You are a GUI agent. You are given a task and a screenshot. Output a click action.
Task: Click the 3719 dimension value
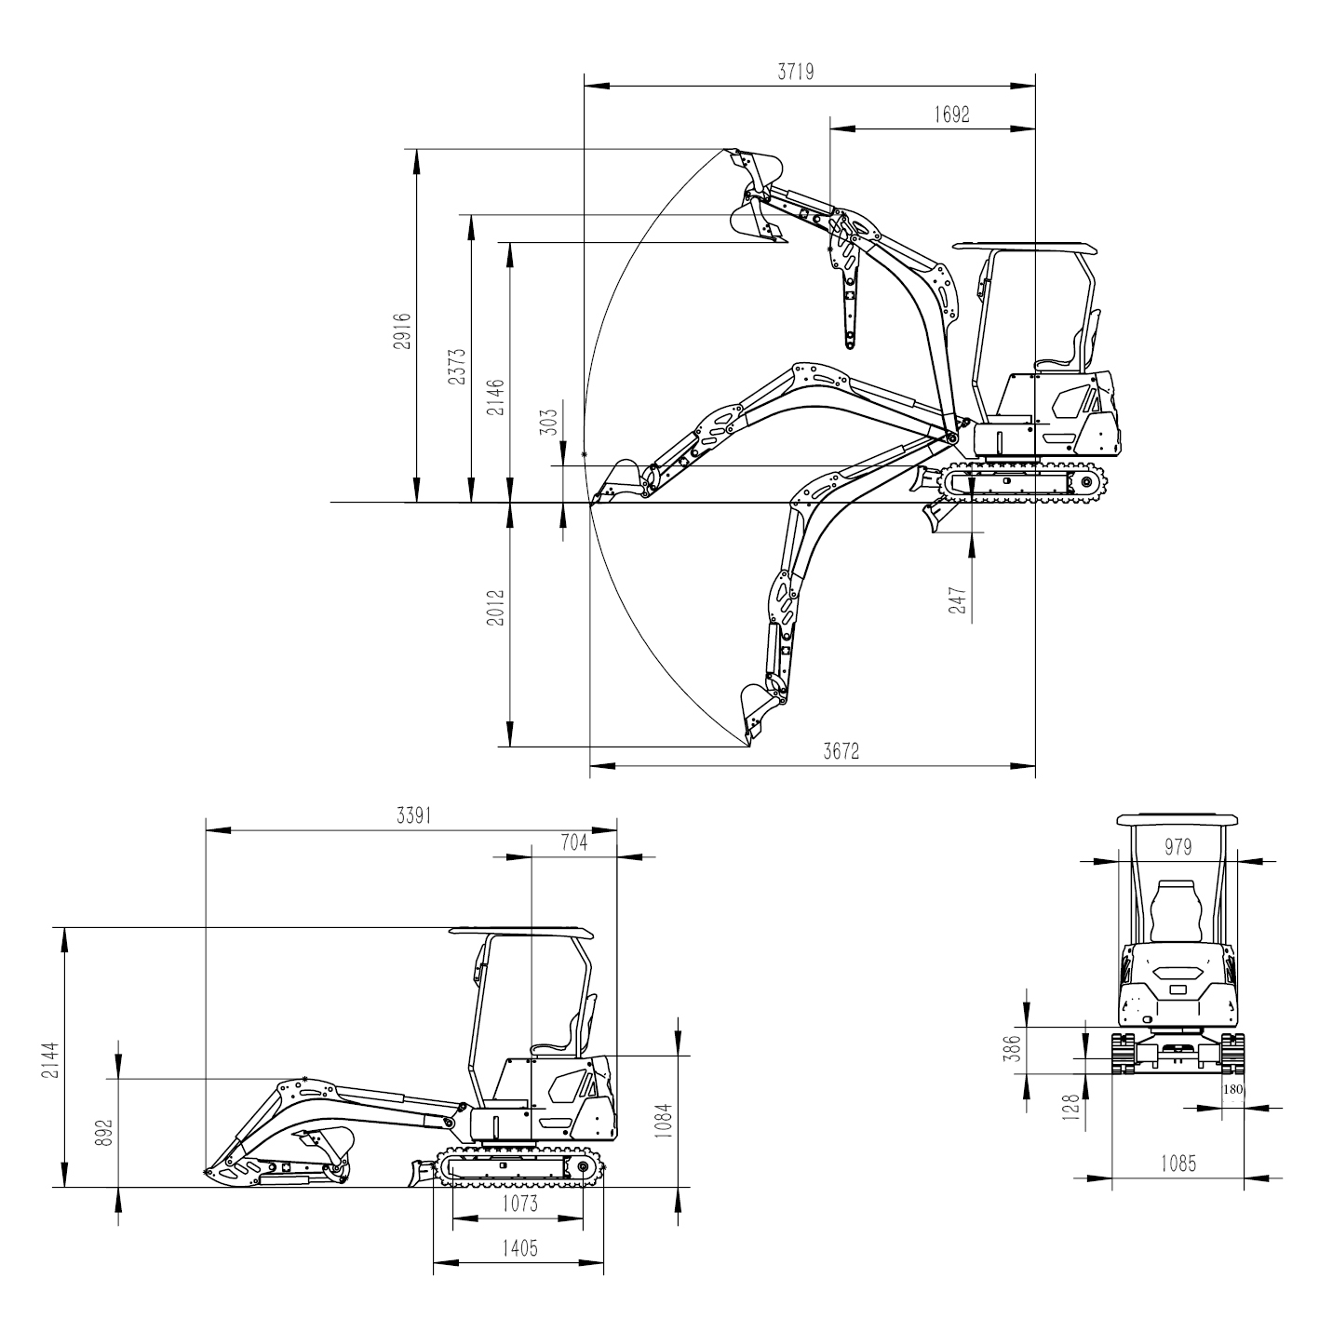pyautogui.click(x=795, y=71)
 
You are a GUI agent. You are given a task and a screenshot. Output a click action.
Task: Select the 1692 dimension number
pyautogui.click(x=951, y=114)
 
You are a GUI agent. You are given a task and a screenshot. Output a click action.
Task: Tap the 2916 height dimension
pyautogui.click(x=402, y=331)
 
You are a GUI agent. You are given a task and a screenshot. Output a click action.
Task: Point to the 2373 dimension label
pyautogui.click(x=456, y=366)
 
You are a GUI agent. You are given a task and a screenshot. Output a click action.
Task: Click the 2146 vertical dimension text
pyautogui.click(x=495, y=397)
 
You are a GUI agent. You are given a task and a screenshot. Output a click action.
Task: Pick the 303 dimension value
pyautogui.click(x=549, y=423)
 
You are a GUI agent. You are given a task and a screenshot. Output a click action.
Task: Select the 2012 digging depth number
pyautogui.click(x=495, y=607)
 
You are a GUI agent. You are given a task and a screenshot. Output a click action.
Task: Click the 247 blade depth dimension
pyautogui.click(x=958, y=600)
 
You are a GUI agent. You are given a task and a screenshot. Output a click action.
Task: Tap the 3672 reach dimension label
pyautogui.click(x=841, y=751)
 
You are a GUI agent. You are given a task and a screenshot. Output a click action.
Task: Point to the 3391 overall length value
pyautogui.click(x=414, y=815)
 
